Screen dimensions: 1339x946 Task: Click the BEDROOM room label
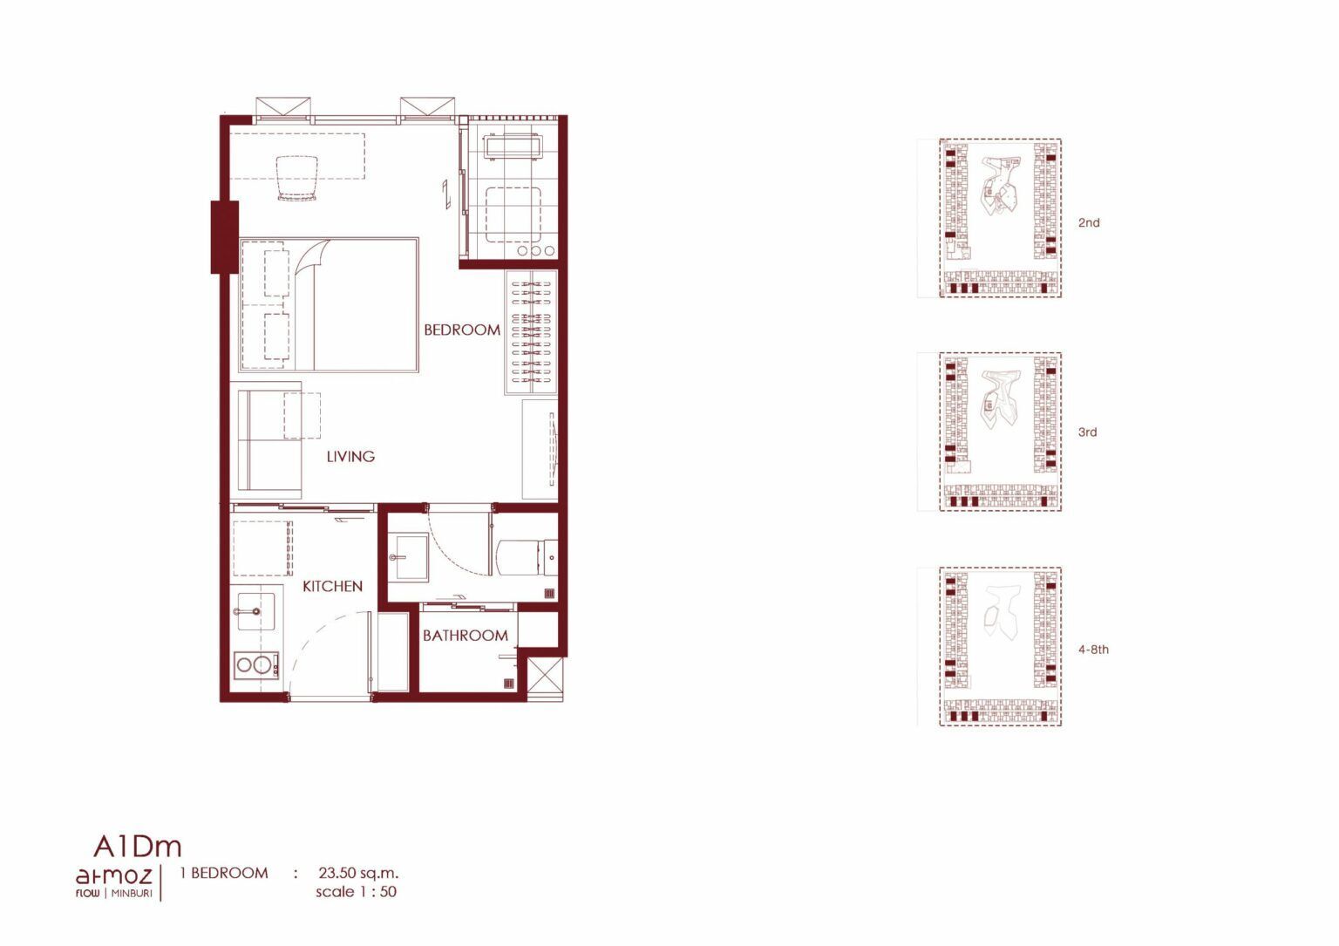point(461,330)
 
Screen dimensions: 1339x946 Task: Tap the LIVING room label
point(350,456)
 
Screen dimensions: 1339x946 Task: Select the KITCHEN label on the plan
point(332,586)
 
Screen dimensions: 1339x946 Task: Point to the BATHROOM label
point(465,635)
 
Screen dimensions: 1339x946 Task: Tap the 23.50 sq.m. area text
point(358,873)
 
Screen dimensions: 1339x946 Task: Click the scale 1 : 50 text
point(356,892)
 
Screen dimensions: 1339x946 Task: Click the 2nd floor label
point(1089,222)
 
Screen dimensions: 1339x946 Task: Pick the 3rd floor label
point(1087,432)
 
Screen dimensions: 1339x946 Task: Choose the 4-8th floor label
point(1093,650)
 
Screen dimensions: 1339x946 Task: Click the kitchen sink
point(256,611)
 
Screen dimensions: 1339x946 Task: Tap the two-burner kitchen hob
point(255,665)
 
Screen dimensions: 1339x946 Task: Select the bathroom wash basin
point(409,557)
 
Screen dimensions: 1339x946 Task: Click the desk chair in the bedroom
point(297,178)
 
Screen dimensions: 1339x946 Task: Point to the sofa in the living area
point(269,440)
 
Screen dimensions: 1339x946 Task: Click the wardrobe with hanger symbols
point(532,332)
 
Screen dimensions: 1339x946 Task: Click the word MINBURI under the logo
point(132,894)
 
